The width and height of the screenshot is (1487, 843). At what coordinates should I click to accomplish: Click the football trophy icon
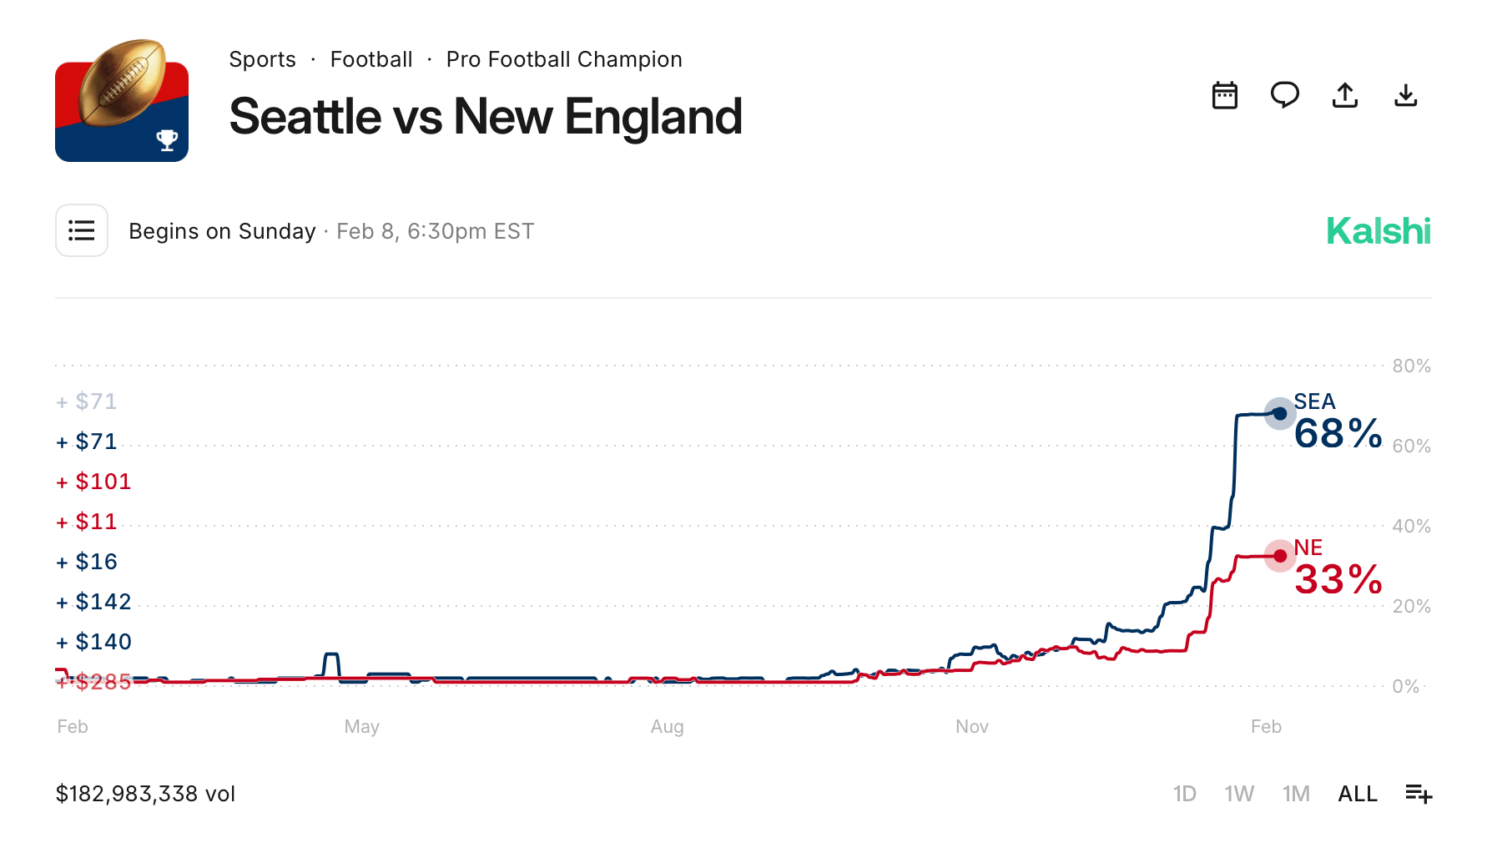tap(122, 100)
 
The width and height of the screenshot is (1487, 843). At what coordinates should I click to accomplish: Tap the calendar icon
tap(1224, 95)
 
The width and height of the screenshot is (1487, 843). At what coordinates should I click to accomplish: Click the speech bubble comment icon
tap(1284, 95)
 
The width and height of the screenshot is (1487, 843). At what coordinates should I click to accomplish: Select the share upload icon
tap(1344, 95)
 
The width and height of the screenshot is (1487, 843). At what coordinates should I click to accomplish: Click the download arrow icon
tap(1405, 95)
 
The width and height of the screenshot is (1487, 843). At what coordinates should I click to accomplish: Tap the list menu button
tap(82, 230)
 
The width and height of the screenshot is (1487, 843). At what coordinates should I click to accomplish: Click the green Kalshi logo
tap(1378, 231)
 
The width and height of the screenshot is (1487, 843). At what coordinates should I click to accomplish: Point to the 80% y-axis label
tap(1411, 366)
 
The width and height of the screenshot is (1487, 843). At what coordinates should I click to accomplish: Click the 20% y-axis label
tap(1411, 606)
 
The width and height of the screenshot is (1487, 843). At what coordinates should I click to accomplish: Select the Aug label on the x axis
tap(667, 726)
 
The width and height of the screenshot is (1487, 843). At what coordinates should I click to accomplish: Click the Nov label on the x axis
tap(971, 726)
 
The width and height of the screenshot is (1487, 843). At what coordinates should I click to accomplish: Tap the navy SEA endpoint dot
tap(1279, 413)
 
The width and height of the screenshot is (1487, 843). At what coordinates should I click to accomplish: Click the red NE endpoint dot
tap(1279, 555)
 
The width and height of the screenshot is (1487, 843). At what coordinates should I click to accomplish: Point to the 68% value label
tap(1338, 433)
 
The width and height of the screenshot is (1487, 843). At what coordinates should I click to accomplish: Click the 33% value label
tap(1338, 579)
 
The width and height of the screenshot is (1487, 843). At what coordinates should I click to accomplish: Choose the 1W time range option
tap(1239, 793)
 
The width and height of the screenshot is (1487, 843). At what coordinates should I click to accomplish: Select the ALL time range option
tap(1357, 793)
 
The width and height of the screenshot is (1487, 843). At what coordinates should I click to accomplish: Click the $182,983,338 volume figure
tap(145, 793)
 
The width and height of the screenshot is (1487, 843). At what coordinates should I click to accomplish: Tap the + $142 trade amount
tap(94, 601)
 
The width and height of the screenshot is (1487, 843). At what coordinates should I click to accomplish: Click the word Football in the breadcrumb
tap(371, 59)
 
